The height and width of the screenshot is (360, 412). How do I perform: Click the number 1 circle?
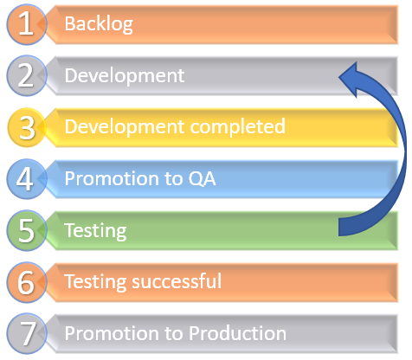pyautogui.click(x=26, y=24)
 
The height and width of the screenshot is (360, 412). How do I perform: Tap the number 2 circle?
pyautogui.click(x=26, y=75)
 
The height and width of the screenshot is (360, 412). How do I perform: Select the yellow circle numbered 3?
pyautogui.click(x=26, y=127)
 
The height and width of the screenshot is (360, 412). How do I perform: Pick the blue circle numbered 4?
pyautogui.click(x=26, y=179)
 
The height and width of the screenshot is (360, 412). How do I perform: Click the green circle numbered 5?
pyautogui.click(x=26, y=230)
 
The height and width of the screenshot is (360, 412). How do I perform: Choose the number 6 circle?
pyautogui.click(x=26, y=282)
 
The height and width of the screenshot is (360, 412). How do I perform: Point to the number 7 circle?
pyautogui.click(x=26, y=333)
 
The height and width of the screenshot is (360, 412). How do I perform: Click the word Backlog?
pyautogui.click(x=99, y=24)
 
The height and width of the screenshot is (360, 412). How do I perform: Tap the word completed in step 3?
pyautogui.click(x=238, y=127)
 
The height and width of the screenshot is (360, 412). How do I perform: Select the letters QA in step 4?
pyautogui.click(x=202, y=178)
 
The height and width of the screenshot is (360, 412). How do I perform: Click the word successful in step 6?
pyautogui.click(x=177, y=281)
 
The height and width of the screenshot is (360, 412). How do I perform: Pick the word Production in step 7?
pyautogui.click(x=237, y=333)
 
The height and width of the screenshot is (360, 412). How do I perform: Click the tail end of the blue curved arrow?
pyautogui.click(x=339, y=228)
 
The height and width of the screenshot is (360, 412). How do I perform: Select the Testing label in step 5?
pyautogui.click(x=95, y=231)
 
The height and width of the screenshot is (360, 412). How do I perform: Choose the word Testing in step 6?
pyautogui.click(x=95, y=282)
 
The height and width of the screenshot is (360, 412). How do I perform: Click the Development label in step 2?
pyautogui.click(x=125, y=76)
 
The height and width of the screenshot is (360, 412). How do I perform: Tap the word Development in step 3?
pyautogui.click(x=125, y=127)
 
